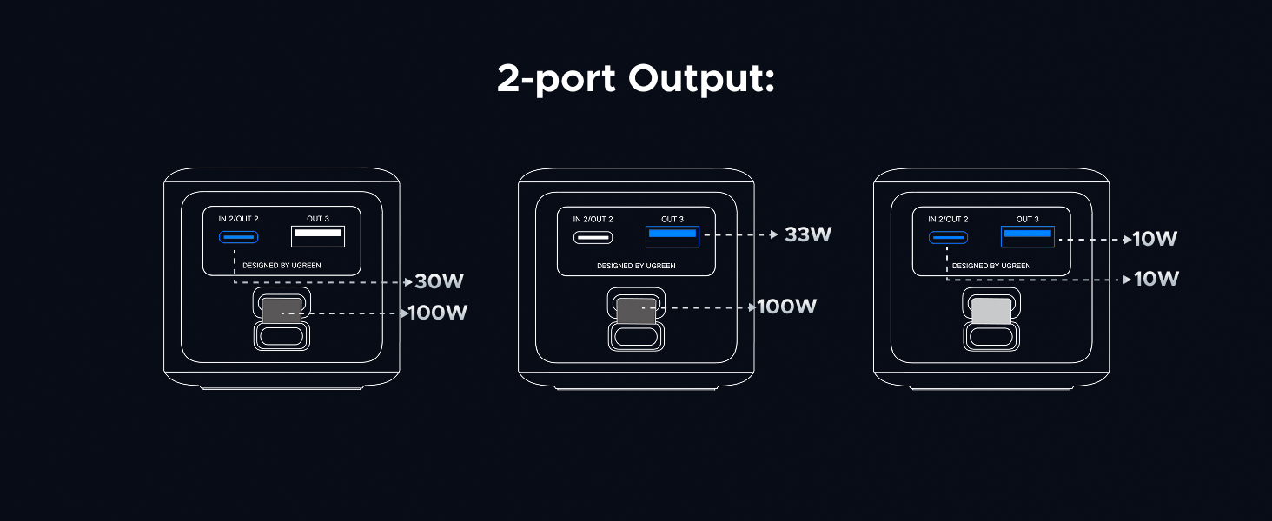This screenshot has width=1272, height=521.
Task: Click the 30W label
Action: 439,281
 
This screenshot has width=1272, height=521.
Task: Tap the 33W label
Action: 808,234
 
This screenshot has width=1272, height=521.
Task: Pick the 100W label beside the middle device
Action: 787,307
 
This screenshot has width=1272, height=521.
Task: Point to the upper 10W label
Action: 1155,239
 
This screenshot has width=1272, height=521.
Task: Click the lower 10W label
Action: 1155,279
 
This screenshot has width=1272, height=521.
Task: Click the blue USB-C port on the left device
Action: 238,237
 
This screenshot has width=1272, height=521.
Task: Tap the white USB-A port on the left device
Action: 318,236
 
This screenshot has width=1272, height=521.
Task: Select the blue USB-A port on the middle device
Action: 672,235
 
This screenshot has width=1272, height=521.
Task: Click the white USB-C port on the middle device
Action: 593,237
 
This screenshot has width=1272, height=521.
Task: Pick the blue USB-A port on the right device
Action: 1028,235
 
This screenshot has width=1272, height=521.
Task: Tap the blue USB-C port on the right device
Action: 948,237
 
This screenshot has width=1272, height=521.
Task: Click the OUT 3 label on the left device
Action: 318,219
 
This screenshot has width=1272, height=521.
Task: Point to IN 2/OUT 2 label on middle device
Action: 593,219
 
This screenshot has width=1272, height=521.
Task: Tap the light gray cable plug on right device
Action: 991,311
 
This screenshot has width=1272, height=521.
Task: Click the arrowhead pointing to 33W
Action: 773,234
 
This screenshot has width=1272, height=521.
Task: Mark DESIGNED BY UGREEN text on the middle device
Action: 636,266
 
